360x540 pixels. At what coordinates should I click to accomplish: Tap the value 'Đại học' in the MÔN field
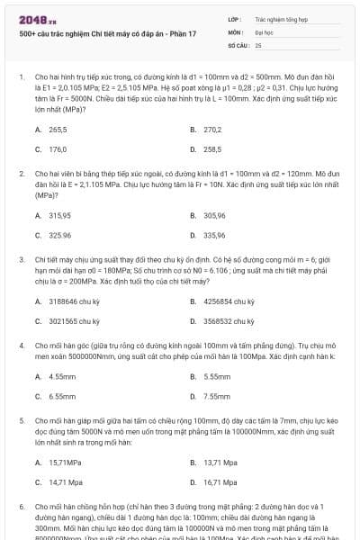[x=265, y=31]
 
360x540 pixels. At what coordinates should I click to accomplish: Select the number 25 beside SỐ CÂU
[x=258, y=43]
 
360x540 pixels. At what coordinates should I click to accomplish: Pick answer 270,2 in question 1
[x=212, y=130]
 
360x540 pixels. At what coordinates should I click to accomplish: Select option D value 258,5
[x=212, y=148]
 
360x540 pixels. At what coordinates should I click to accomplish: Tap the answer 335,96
[x=214, y=235]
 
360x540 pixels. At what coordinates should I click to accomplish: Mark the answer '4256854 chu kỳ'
[x=230, y=301]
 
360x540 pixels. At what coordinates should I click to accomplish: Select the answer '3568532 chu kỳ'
[x=230, y=320]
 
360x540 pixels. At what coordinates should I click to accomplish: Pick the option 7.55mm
[x=217, y=395]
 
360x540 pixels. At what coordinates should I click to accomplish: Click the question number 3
[x=21, y=258]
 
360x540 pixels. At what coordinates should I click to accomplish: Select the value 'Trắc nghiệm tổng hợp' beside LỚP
[x=279, y=18]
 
